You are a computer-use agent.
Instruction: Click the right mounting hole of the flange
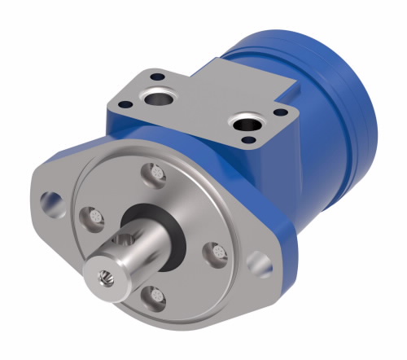260,262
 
